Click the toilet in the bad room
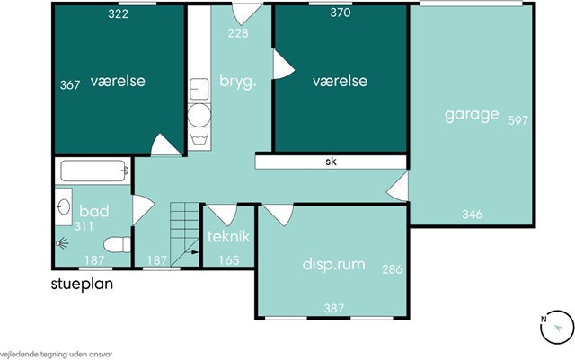tap(118, 245)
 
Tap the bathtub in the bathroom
tap(93, 171)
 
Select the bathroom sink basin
tap(64, 206)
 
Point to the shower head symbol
tap(62, 243)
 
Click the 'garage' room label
tap(472, 115)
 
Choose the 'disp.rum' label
tap(333, 264)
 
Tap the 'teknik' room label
tap(228, 236)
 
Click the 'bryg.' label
tap(237, 82)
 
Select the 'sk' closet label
tap(332, 162)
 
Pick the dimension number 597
tap(517, 120)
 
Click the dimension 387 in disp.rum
tap(333, 308)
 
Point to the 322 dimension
tap(118, 14)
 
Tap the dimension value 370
tap(341, 13)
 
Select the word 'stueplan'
tap(82, 285)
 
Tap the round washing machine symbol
tap(199, 115)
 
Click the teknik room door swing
tap(222, 215)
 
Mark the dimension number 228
tap(238, 33)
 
